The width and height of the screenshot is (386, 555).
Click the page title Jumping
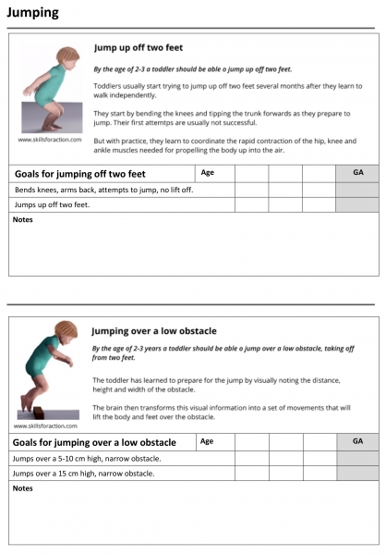pos(32,13)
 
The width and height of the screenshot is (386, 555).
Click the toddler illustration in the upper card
pos(54,89)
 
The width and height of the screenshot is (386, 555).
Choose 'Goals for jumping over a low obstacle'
pos(94,442)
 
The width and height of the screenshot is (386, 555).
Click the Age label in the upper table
pos(208,172)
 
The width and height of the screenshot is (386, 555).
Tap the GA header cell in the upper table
pos(357,173)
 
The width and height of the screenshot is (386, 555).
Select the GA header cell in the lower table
pos(357,441)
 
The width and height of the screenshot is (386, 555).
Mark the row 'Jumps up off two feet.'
pos(53,203)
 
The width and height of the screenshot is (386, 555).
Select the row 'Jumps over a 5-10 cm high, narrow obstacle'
pos(87,458)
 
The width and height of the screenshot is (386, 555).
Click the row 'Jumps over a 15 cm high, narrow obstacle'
pos(83,473)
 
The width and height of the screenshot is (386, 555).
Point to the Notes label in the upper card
pos(25,219)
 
